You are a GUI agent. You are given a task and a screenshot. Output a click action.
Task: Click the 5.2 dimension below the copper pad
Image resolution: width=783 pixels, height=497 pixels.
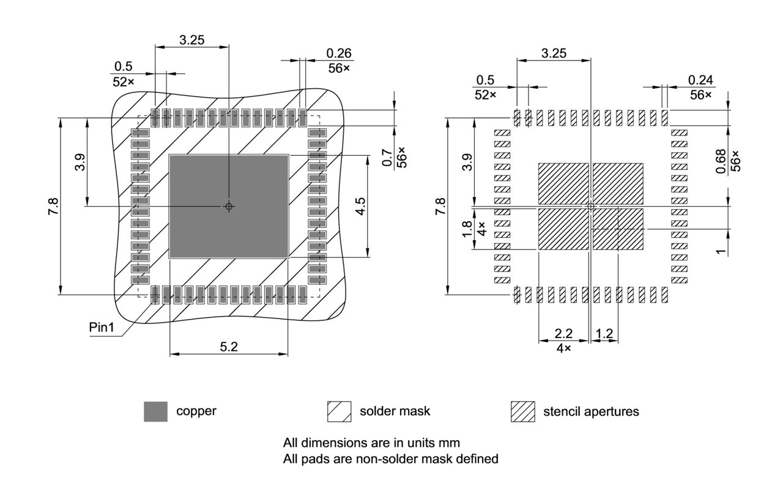[229, 347]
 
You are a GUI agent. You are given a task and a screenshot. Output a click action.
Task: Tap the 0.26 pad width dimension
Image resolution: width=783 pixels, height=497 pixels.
[339, 54]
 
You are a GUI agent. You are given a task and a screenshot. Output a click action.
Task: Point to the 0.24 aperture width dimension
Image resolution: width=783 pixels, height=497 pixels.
[700, 80]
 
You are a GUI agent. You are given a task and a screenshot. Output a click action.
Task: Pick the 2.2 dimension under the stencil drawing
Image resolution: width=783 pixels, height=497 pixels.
[563, 333]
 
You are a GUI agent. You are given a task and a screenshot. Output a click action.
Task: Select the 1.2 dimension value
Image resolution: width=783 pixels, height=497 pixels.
[604, 333]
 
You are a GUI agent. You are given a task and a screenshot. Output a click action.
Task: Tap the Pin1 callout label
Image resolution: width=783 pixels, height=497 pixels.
[102, 327]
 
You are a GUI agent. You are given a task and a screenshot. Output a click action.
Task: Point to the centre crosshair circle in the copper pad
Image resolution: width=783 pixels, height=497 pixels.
[229, 207]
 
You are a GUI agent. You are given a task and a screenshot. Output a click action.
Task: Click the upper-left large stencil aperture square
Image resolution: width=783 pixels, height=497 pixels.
[563, 183]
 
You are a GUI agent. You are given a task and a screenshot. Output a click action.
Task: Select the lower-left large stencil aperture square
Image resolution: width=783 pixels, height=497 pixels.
[563, 229]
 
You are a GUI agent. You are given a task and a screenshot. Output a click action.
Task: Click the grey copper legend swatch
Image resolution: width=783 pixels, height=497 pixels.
[155, 411]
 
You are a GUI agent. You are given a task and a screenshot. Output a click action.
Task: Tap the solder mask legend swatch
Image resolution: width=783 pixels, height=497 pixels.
[339, 411]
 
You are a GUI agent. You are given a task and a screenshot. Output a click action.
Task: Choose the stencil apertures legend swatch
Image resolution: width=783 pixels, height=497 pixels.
[522, 411]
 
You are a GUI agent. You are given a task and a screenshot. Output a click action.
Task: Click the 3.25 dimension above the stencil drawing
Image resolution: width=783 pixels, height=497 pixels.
[554, 53]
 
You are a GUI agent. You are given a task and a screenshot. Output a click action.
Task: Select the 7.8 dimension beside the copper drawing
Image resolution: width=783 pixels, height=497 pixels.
[54, 207]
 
